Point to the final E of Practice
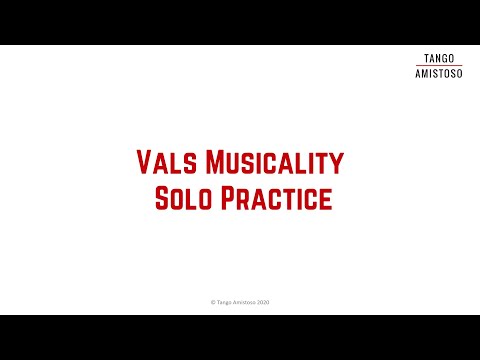coord(325,198)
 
